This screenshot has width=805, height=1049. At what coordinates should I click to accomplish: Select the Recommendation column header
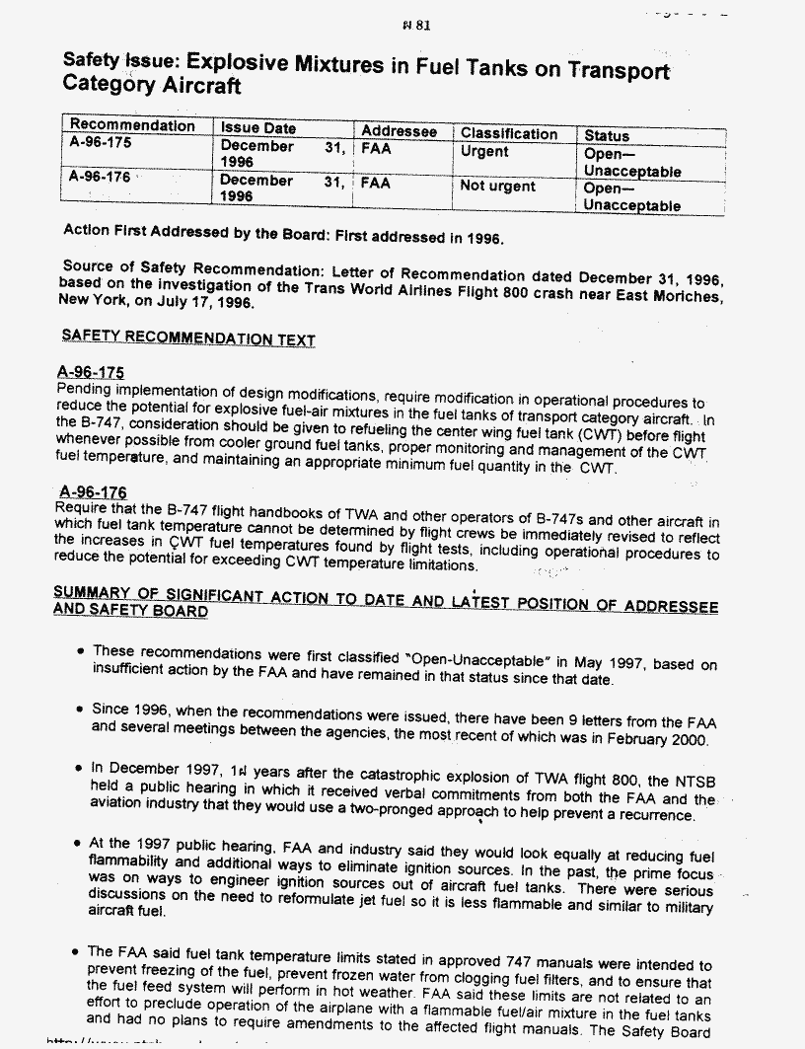click(132, 126)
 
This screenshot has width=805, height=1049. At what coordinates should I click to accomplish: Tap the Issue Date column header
click(257, 128)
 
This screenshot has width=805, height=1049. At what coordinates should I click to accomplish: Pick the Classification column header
click(508, 133)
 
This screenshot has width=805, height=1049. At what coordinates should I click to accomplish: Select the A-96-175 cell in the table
click(101, 142)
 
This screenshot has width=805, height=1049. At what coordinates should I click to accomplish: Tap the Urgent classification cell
click(484, 152)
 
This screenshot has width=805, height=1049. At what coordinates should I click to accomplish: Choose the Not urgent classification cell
click(498, 187)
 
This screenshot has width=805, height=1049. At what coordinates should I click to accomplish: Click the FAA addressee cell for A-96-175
click(376, 149)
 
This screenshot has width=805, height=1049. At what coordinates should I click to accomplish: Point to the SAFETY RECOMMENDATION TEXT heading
click(187, 337)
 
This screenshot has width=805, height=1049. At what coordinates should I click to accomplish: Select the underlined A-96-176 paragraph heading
click(93, 491)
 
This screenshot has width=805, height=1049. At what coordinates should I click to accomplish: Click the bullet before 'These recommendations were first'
click(78, 653)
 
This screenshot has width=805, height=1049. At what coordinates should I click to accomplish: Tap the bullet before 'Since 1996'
click(78, 711)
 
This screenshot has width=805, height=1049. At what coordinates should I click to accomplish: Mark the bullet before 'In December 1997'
click(78, 769)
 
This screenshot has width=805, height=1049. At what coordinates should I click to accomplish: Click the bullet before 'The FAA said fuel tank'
click(77, 953)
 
